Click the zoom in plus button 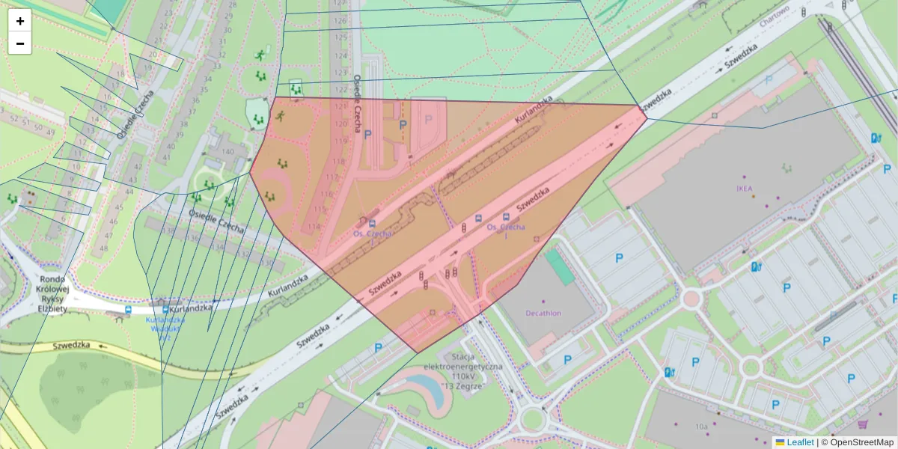click(x=20, y=21)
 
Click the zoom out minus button click(x=20, y=43)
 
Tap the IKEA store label click(x=744, y=187)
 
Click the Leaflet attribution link click(x=799, y=442)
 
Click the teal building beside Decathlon click(x=560, y=266)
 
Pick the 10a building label click(x=700, y=426)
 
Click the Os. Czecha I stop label click(x=506, y=230)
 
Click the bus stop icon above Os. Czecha click(x=372, y=222)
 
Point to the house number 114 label click(x=314, y=227)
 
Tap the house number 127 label click(x=340, y=4)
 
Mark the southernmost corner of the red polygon click(x=417, y=352)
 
